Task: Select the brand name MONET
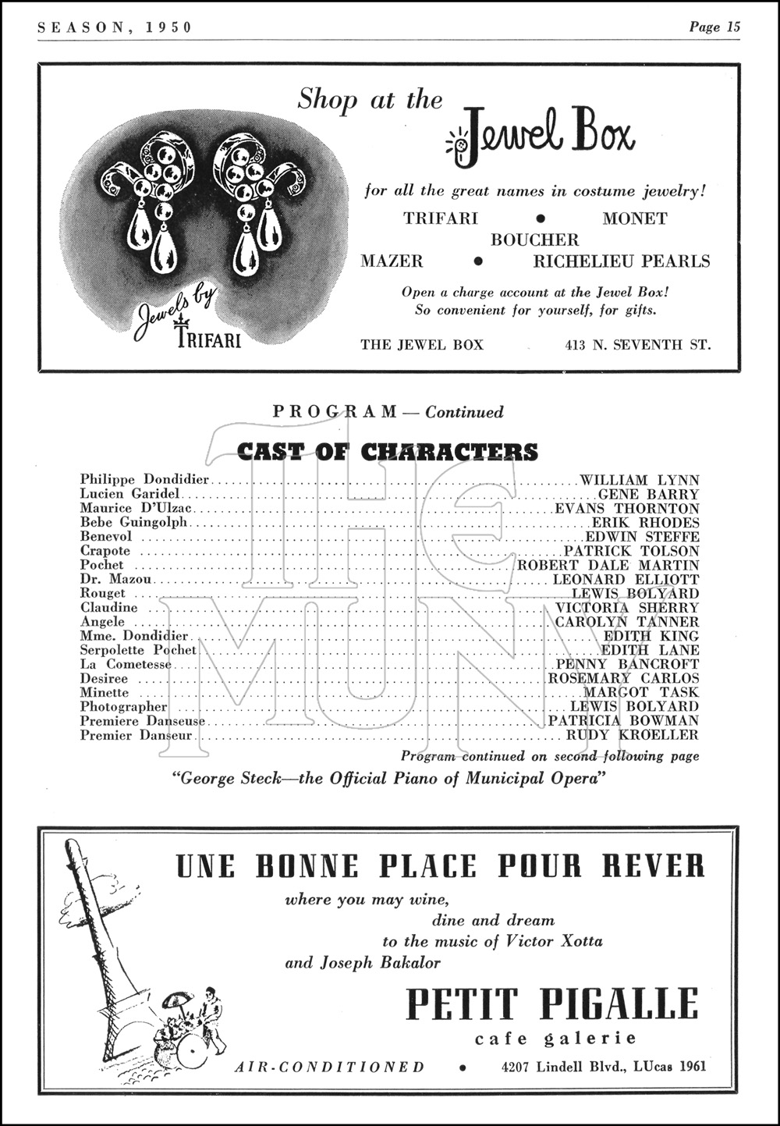634,218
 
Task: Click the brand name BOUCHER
535,240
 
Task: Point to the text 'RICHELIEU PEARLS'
622,261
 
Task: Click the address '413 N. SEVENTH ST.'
639,344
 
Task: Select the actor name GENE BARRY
649,494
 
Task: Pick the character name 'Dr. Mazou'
116,579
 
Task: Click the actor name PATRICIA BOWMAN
623,720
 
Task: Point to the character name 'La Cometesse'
126,664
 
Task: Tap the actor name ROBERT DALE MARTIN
608,565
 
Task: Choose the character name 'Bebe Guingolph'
133,522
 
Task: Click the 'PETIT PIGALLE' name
553,1004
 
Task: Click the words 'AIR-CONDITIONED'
330,1067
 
